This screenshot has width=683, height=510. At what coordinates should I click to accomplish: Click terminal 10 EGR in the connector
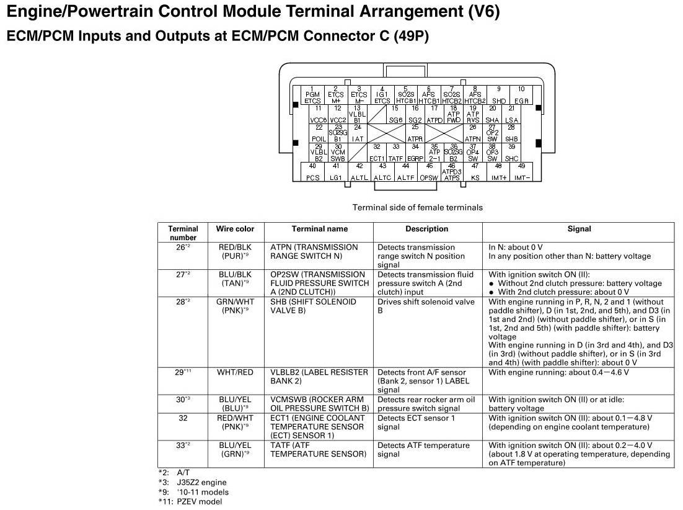pos(521,95)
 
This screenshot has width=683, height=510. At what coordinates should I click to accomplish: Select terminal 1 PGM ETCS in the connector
pos(312,95)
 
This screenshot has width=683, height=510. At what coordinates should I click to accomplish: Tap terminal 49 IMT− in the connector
pos(521,172)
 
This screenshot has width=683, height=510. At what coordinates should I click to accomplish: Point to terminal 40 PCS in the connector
pos(313,172)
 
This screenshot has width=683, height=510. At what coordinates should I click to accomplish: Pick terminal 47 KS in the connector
pos(475,172)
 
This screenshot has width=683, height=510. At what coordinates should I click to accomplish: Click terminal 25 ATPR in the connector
pos(415,133)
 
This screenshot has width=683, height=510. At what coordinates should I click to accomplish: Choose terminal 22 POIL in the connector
pos(319,133)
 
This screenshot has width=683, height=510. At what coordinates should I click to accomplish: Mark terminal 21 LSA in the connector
pos(511,114)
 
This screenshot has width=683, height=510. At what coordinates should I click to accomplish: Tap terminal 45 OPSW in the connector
pos(429,172)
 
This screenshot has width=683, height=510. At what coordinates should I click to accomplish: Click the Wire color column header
pos(235,229)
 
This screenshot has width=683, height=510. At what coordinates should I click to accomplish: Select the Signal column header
pos(579,229)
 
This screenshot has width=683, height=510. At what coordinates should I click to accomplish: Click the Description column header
pos(427,229)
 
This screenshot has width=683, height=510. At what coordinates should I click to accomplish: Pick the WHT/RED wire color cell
pos(235,373)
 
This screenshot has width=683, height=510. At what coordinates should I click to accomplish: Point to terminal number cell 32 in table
pos(183,418)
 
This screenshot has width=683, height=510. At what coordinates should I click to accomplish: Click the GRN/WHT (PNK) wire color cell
pos(235,306)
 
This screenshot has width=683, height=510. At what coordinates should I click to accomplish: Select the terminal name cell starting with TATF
pos(318,450)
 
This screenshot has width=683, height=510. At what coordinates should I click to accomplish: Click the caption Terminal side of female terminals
pos(417,207)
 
